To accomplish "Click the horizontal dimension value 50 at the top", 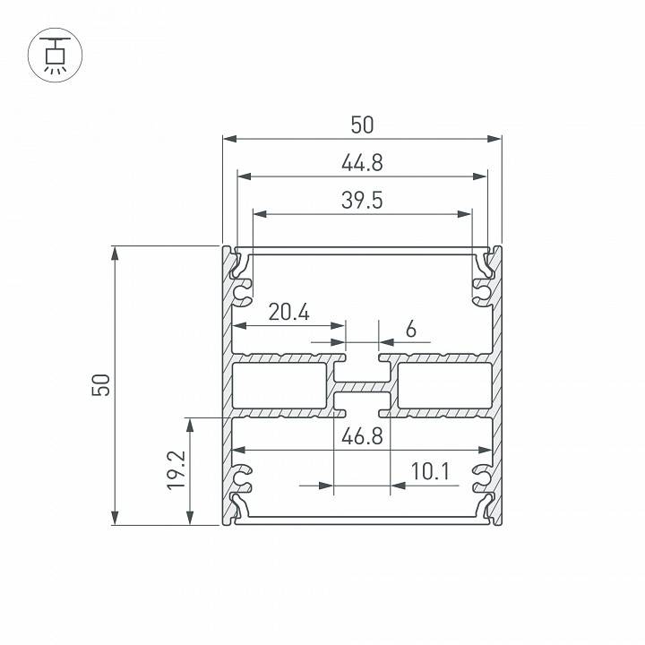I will tap(362, 125).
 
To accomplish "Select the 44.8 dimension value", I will tap(362, 163).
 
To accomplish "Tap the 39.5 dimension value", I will tap(362, 201).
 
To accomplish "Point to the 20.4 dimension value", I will tap(288, 313).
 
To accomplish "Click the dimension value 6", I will tap(410, 329).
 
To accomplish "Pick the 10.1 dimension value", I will tap(429, 471).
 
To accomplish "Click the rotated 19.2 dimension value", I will tap(176, 470).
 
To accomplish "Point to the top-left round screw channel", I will tap(242, 291).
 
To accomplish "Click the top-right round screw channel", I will tap(482, 291).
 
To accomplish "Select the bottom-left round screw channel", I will tap(242, 478).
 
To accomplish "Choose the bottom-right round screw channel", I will tap(482, 478).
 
